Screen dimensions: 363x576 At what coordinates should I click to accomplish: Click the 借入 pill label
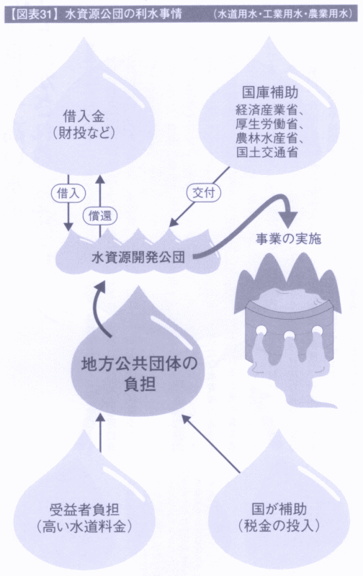point(68,194)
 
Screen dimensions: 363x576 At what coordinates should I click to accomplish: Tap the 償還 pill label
point(99,215)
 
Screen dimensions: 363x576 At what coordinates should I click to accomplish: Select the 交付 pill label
point(203,192)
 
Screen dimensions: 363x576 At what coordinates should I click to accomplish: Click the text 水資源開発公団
point(138,257)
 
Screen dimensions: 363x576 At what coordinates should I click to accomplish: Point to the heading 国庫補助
point(270,93)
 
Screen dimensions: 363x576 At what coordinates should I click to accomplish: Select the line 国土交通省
point(266,152)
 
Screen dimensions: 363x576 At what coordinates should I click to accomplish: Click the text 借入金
point(84,117)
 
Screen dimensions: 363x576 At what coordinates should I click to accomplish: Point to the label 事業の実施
point(288,239)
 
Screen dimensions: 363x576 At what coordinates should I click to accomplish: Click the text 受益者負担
point(84,510)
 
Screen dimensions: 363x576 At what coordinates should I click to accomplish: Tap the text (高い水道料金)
point(84,527)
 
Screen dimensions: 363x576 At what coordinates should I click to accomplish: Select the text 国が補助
point(279,509)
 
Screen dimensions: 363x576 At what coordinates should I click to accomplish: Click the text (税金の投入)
point(279,526)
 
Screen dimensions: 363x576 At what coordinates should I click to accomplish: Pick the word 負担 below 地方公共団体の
point(140,384)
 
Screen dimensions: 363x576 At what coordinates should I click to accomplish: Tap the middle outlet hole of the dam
point(289,335)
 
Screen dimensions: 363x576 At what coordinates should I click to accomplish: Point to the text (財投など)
point(84,133)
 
